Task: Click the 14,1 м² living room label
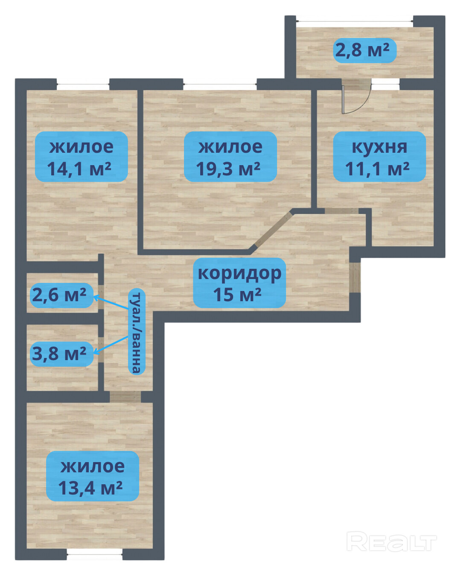click(x=82, y=157)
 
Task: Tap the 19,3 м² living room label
click(x=230, y=157)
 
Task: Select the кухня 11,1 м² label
click(x=379, y=157)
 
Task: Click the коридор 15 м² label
click(x=239, y=282)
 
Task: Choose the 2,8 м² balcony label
click(x=365, y=50)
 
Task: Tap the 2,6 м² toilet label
click(x=61, y=296)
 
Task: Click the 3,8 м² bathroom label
click(x=61, y=354)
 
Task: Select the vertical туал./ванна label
click(x=137, y=332)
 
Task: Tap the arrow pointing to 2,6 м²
click(x=111, y=302)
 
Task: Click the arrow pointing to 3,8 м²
click(x=111, y=345)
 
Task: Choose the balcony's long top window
click(x=354, y=21)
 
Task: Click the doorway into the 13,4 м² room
click(x=125, y=396)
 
